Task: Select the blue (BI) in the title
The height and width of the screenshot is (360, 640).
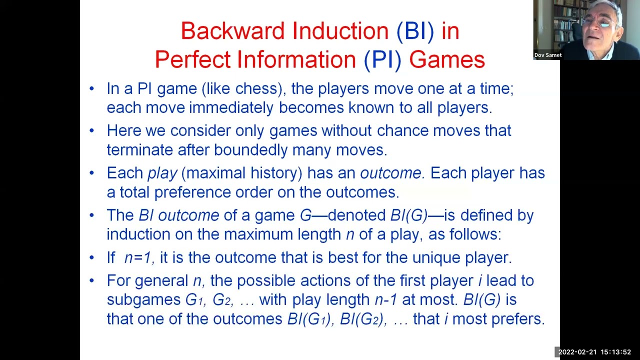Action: [415, 31]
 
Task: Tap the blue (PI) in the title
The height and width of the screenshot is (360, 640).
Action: [382, 59]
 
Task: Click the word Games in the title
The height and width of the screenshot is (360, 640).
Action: [446, 59]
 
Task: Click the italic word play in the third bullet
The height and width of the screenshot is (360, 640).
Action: [162, 173]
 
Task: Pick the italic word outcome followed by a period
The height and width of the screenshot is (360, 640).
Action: [392, 173]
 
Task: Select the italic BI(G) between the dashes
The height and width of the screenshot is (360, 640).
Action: [409, 215]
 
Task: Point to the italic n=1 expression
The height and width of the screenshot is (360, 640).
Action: [138, 258]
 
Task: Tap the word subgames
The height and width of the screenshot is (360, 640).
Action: [143, 299]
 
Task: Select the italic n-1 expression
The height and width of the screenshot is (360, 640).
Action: [385, 299]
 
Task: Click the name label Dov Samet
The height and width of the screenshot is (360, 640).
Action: [547, 55]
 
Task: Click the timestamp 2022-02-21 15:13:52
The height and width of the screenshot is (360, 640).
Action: [594, 352]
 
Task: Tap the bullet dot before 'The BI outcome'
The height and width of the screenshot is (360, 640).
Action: [91, 215]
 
